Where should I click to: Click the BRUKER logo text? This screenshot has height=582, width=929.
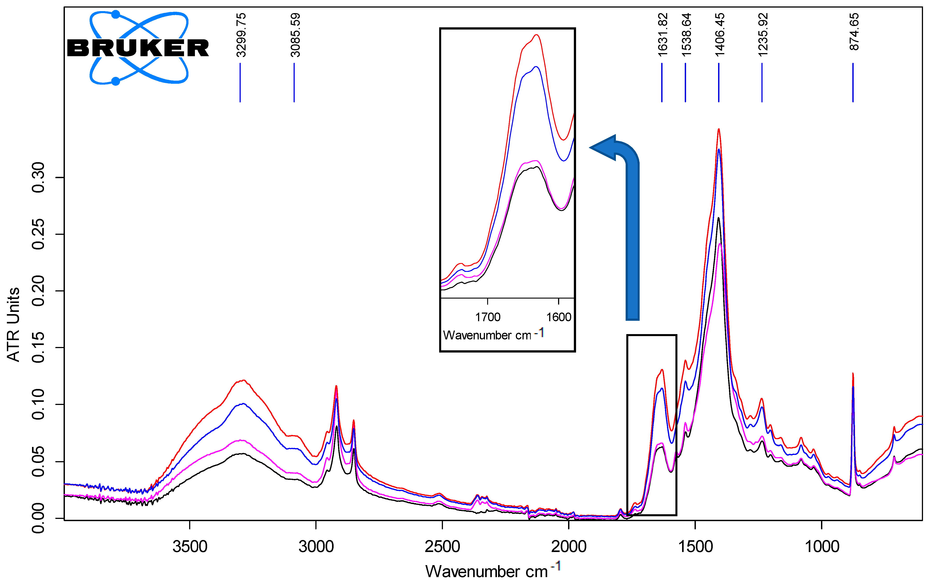(x=138, y=48)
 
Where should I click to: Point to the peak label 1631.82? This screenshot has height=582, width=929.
(x=663, y=35)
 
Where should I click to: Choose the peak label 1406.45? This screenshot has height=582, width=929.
(x=720, y=35)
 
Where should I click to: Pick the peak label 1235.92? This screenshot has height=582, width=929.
(x=763, y=35)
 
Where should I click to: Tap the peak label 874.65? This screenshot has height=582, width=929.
(x=854, y=32)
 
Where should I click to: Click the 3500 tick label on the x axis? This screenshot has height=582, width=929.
(x=190, y=547)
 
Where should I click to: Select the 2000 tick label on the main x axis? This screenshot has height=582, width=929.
(x=569, y=547)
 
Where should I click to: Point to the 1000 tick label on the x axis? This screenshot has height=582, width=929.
(x=822, y=547)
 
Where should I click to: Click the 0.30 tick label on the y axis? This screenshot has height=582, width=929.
(x=38, y=177)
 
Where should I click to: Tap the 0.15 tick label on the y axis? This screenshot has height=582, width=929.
(x=38, y=348)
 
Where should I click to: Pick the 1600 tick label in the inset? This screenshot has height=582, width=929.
(x=559, y=317)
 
